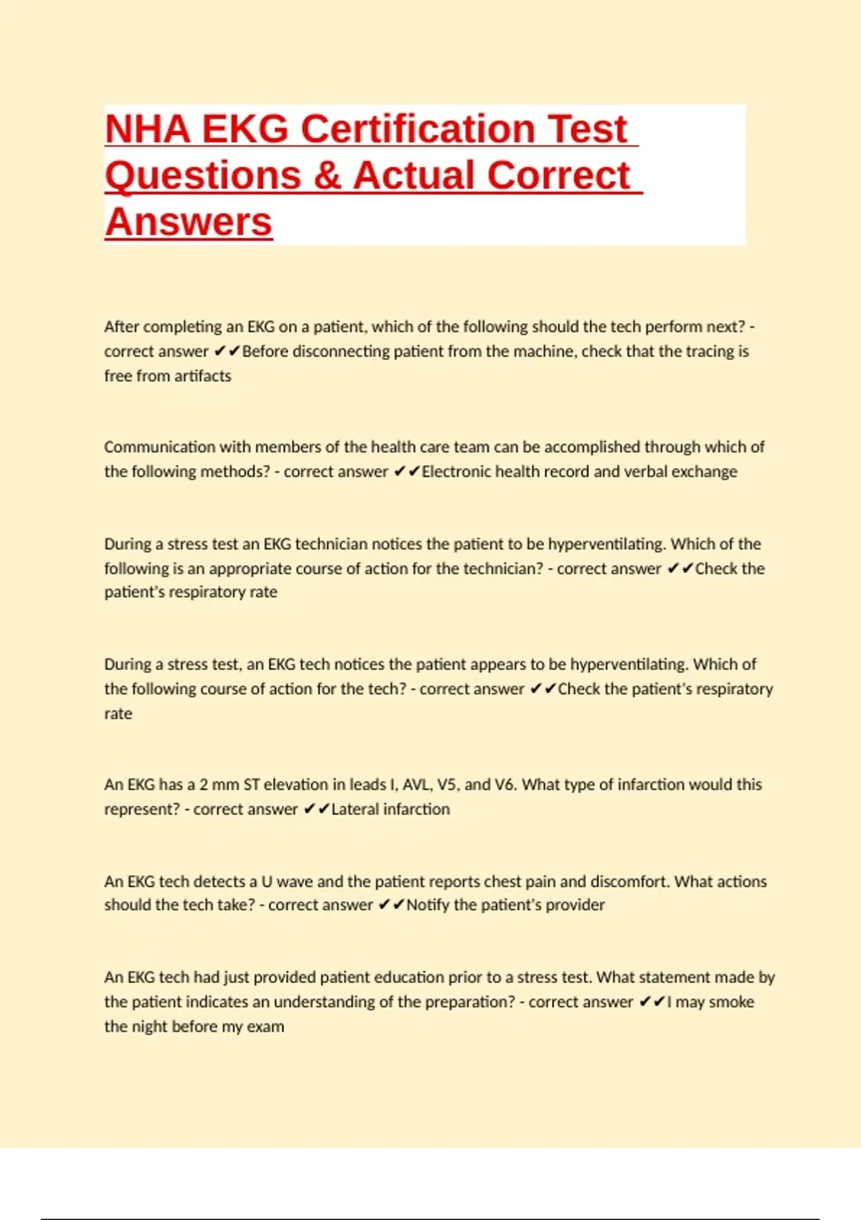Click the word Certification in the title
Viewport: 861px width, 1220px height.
(x=418, y=129)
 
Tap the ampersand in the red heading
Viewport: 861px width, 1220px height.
(x=327, y=176)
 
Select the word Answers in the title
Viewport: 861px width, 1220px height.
(x=189, y=222)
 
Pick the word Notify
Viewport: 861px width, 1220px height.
(x=428, y=905)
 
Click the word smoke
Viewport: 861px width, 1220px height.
(x=731, y=1002)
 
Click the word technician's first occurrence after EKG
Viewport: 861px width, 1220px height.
(x=331, y=544)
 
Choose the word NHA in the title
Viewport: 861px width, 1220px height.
(x=148, y=129)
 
